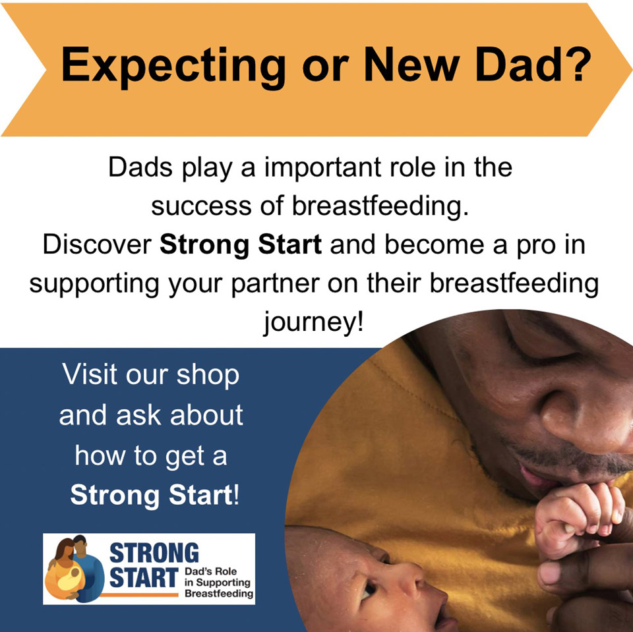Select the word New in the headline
pos(411,64)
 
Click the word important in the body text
pos(322,168)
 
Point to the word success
pos(201,206)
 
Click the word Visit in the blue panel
pos(90,374)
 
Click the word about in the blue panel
pos(206,415)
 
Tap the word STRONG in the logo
pos(154,552)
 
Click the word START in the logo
pos(144,578)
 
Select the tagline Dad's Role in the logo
pos(211,571)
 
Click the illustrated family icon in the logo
pos(75,569)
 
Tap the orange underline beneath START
pos(139,594)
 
